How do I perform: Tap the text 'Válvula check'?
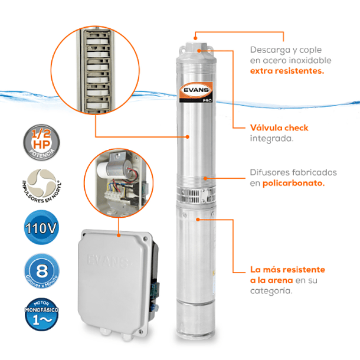click(x=279, y=127)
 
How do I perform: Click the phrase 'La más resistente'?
click(x=287, y=269)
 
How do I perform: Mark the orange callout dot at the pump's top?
click(x=199, y=51)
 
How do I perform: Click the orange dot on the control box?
click(x=118, y=234)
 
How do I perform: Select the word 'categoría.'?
click(x=271, y=291)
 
